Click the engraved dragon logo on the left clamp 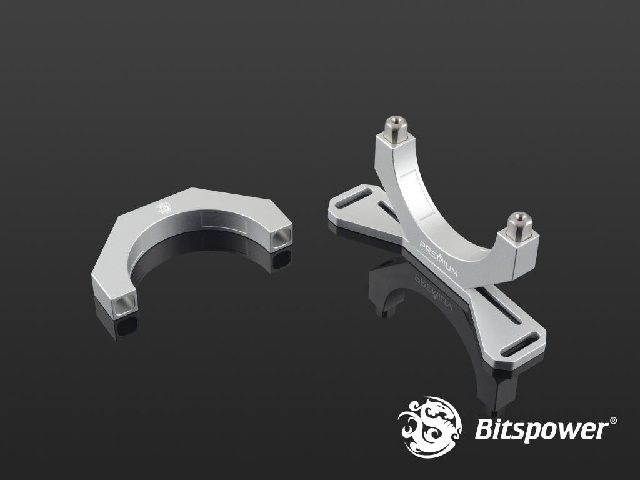[164, 207]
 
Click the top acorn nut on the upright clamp [396, 129]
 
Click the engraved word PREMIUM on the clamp [439, 259]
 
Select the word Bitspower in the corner [541, 429]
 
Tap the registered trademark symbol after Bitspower [612, 421]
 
